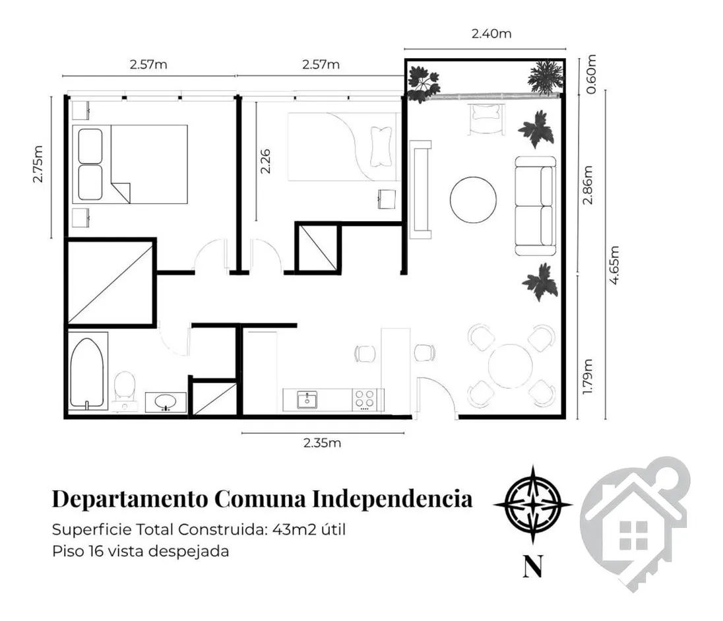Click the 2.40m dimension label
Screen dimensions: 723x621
[491, 34]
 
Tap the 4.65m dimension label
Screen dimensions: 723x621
[613, 265]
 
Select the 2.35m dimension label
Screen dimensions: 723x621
[322, 443]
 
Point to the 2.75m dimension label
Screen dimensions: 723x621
[38, 164]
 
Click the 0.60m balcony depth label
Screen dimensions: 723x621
[591, 75]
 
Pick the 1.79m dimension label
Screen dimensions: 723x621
[587, 377]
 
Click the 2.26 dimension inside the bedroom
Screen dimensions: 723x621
[266, 162]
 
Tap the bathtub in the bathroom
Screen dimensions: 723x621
[86, 374]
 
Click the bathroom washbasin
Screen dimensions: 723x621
[166, 403]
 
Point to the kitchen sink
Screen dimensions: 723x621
[307, 400]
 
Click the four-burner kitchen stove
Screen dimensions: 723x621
[365, 399]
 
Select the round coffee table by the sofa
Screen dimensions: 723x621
[473, 200]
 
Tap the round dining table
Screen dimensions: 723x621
[511, 366]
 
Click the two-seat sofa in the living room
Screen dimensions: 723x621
[536, 207]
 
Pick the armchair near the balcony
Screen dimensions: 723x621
[486, 119]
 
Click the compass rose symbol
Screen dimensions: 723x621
[533, 504]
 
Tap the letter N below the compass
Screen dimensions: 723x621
[533, 566]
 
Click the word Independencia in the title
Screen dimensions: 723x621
[393, 499]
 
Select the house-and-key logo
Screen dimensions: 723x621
[635, 524]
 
